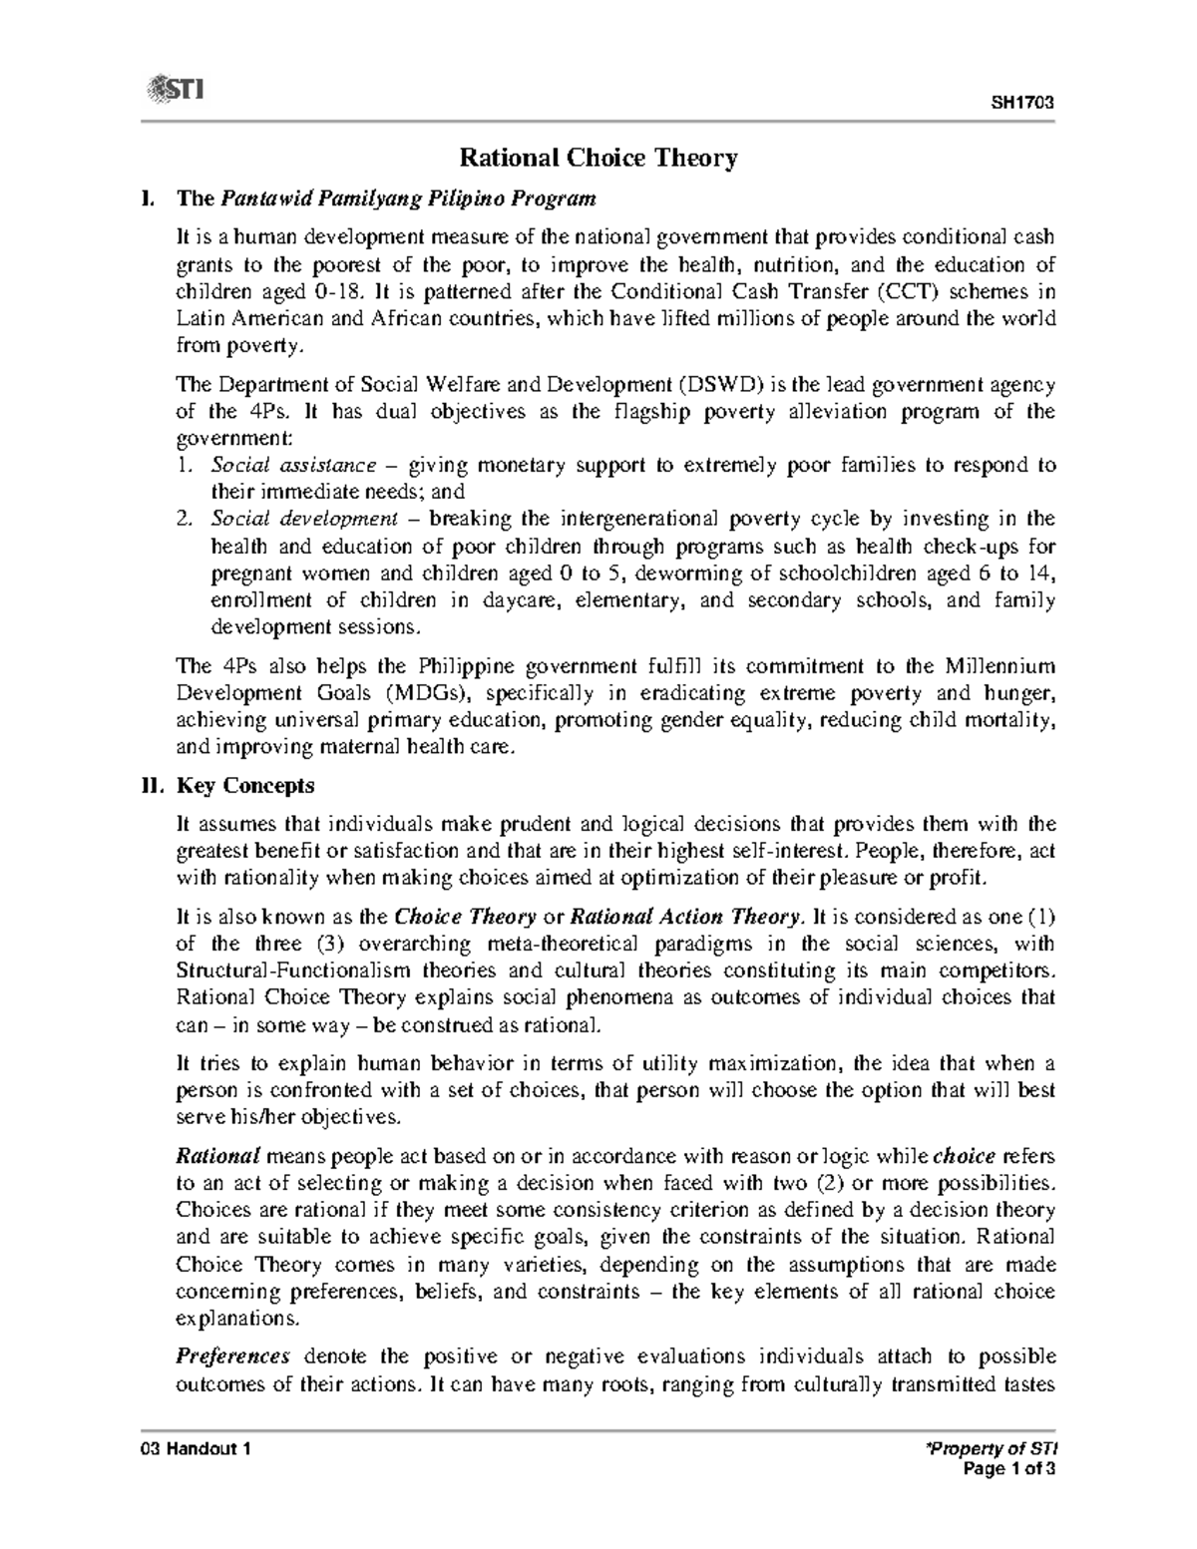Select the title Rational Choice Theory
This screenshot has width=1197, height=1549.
pos(598,158)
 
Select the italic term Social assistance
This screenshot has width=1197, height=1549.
pos(294,465)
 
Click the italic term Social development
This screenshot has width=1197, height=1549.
pos(304,519)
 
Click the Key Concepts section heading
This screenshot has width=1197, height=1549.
pos(245,786)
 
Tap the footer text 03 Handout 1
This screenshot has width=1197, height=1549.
pos(196,1449)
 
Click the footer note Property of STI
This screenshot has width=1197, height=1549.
pos(1004,1449)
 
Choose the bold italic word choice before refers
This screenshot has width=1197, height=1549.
pos(964,1157)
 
